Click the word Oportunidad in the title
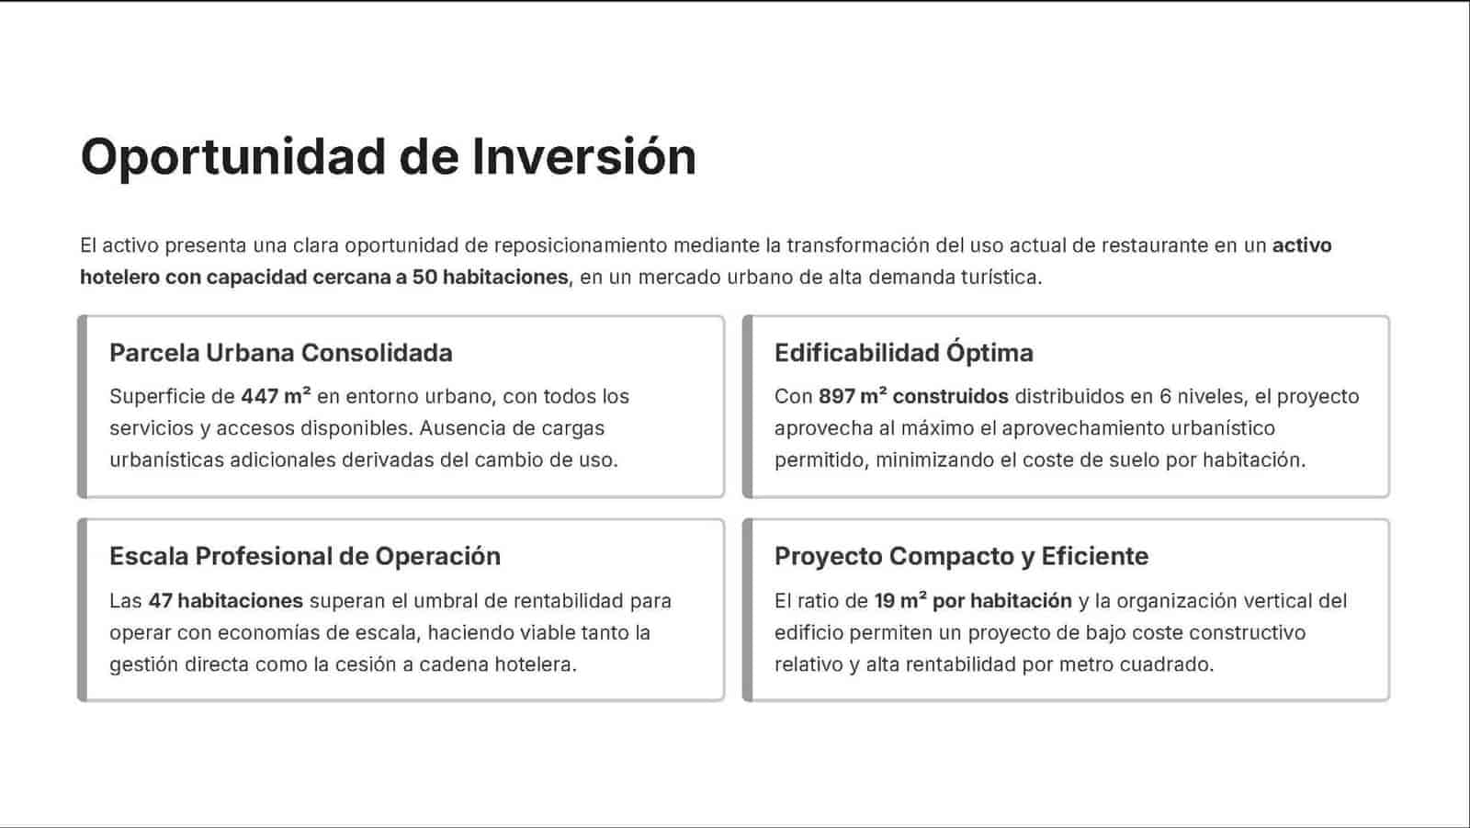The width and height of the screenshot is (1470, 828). (233, 158)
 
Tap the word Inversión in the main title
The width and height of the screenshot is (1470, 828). (584, 156)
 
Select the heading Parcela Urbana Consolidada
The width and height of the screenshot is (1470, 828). (281, 353)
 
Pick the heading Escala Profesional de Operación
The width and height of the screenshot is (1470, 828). (305, 556)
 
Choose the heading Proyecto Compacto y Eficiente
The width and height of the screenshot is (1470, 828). (961, 556)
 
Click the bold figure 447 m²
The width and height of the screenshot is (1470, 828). (276, 396)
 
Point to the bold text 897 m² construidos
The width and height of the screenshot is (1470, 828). (913, 396)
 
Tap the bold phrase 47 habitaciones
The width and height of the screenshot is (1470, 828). (226, 601)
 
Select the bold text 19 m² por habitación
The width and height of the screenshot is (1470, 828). (973, 601)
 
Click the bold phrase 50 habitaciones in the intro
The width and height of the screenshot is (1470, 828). (491, 278)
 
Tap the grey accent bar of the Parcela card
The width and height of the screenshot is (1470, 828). (82, 406)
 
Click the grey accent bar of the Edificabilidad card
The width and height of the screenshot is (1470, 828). (748, 406)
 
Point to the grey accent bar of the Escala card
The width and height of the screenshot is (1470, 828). (82, 610)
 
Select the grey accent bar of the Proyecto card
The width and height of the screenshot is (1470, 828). (748, 610)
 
